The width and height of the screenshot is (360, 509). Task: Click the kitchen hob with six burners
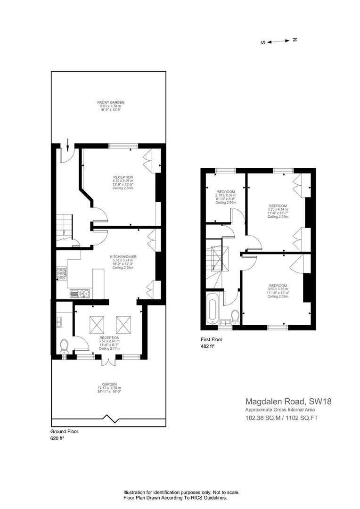(62, 273)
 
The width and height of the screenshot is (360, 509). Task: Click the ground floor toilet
(64, 346)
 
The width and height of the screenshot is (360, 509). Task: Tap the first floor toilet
(235, 317)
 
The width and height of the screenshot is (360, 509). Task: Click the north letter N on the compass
(295, 40)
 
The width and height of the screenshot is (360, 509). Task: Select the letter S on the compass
(263, 42)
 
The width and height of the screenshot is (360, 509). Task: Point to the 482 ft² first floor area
(208, 346)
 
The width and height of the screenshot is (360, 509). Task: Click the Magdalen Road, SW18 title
(288, 401)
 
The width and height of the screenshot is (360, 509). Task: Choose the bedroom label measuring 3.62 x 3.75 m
(278, 291)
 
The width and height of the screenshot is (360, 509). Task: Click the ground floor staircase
(64, 230)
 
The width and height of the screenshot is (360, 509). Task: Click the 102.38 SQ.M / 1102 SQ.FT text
(281, 418)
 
